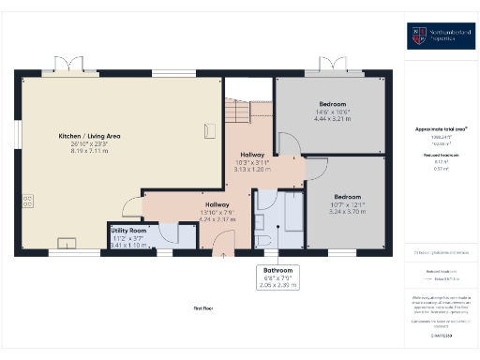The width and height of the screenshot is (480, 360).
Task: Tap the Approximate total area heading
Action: [x=441, y=128]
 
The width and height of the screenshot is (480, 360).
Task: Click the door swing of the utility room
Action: [x=170, y=232]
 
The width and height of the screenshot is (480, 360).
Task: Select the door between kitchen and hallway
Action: [x=131, y=211]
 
